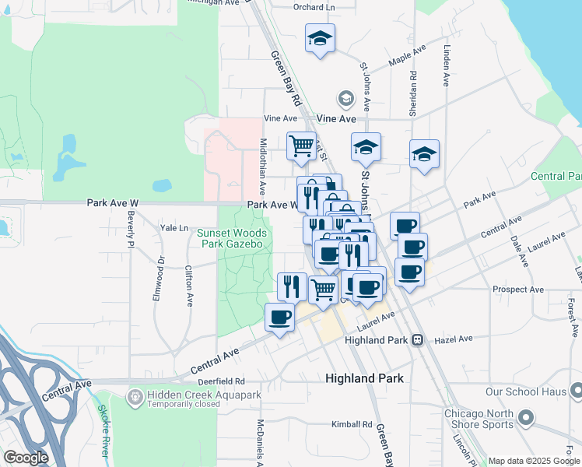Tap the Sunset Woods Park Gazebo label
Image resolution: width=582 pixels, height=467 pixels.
[x=232, y=238]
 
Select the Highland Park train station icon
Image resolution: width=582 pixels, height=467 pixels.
[x=418, y=340]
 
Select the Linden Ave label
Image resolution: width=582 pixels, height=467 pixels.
[x=447, y=65]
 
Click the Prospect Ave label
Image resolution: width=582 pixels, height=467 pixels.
[x=516, y=290]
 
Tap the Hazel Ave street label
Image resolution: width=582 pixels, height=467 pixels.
[x=454, y=339]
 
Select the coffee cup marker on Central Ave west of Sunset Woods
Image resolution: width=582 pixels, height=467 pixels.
[x=280, y=317]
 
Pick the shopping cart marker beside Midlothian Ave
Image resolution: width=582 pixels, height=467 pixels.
[x=300, y=146]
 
